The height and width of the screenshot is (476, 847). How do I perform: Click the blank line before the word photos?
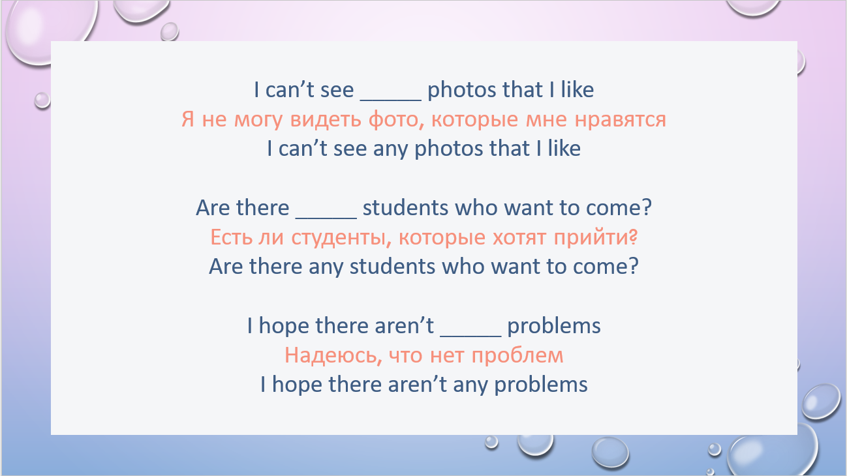(x=391, y=100)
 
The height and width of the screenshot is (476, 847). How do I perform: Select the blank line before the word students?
(x=326, y=218)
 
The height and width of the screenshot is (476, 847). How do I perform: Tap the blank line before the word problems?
(x=470, y=336)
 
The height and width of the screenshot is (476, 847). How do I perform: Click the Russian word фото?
(x=396, y=119)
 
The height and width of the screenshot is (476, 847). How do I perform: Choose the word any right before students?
(x=326, y=267)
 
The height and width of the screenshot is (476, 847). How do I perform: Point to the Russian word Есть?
(x=232, y=237)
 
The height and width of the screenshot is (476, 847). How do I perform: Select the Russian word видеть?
(x=326, y=120)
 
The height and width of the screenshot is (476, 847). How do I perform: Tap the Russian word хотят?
(x=519, y=238)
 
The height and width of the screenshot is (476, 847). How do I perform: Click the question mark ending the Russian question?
(x=634, y=237)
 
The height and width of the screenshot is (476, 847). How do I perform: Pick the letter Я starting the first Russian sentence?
(x=188, y=119)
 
